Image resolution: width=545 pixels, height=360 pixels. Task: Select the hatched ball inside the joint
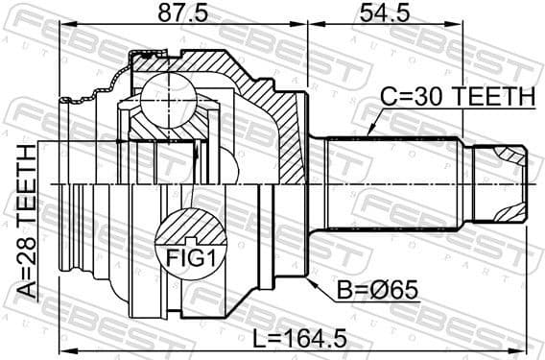(x=169, y=100)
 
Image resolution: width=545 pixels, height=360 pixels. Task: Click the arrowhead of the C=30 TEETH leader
(x=366, y=135)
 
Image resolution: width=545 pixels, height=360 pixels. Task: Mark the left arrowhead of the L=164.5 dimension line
(x=63, y=348)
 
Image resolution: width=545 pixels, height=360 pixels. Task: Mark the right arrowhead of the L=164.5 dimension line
(x=524, y=348)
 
